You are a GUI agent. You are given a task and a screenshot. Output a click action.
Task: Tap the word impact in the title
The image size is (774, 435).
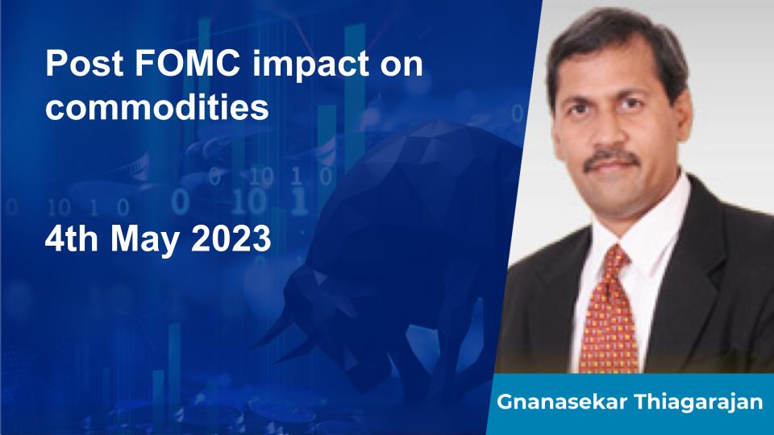coord(310,64)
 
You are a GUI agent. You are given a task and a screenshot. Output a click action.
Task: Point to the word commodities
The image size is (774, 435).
coord(157,106)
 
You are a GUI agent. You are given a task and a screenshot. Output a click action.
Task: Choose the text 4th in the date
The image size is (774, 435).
coord(71,238)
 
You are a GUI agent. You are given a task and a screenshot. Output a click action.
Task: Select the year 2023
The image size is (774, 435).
coord(231,238)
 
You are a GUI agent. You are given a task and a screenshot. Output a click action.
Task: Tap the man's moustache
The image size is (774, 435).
coord(612,159)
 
